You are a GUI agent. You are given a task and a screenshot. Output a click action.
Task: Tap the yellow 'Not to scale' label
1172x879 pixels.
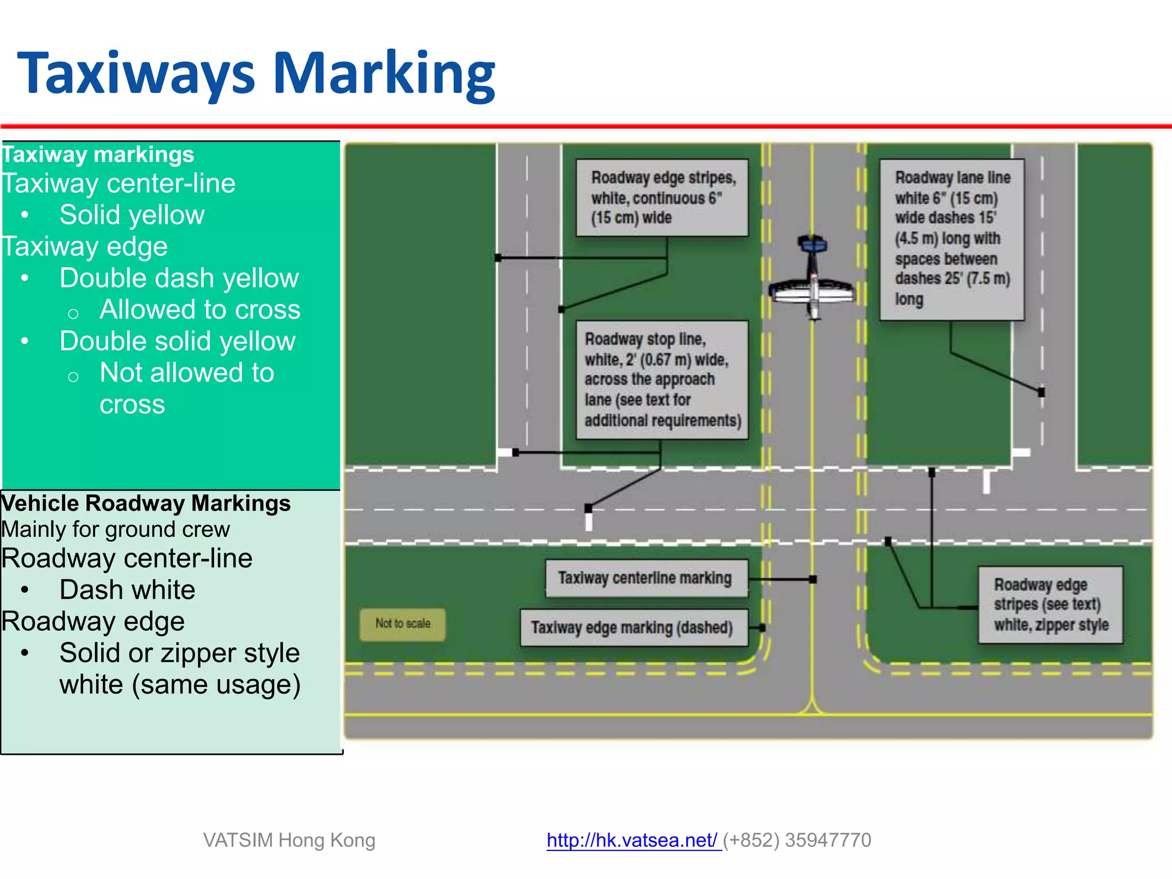(x=402, y=624)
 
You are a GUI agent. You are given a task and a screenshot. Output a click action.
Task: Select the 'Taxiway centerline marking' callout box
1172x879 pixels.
(x=646, y=579)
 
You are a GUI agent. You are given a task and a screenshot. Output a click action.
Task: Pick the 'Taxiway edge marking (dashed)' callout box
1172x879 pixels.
(x=633, y=628)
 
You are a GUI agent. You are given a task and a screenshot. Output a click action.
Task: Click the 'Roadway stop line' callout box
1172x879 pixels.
(x=662, y=379)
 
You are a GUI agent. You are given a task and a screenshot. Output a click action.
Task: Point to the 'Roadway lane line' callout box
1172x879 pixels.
(x=952, y=239)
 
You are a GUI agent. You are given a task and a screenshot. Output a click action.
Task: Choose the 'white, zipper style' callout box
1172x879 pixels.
(x=1050, y=605)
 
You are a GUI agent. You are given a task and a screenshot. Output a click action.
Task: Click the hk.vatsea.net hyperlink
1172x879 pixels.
(x=632, y=840)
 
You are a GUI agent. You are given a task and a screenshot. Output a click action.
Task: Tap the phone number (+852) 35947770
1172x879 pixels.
(x=797, y=840)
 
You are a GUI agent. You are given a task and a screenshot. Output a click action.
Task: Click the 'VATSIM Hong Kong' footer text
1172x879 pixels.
(x=289, y=840)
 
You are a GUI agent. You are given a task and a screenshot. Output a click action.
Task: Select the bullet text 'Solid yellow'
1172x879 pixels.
(x=132, y=215)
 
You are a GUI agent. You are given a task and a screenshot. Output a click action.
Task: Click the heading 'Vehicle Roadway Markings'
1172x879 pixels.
(x=146, y=503)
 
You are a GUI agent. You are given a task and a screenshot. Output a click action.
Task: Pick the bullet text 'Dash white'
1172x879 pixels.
(x=127, y=590)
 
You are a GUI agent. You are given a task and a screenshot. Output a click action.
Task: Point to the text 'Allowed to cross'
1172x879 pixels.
(x=200, y=310)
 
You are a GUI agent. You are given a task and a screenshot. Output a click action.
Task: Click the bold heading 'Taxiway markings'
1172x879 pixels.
(x=98, y=155)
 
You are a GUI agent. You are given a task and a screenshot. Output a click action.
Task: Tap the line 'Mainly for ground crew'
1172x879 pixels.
(x=116, y=529)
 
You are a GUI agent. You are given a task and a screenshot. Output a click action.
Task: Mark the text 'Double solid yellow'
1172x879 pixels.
(x=177, y=342)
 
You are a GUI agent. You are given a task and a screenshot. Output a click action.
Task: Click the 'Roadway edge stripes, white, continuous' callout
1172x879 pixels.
(x=662, y=197)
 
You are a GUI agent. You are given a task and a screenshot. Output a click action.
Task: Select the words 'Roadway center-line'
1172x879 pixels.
(x=127, y=559)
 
